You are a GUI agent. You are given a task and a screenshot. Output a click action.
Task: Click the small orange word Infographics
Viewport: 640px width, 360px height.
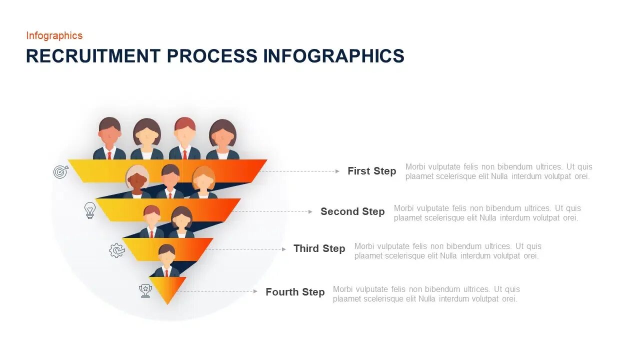(x=54, y=35)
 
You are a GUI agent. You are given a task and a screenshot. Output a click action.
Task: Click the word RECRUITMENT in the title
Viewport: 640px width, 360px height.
(x=93, y=56)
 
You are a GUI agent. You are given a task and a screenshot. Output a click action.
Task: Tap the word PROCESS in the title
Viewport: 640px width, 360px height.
(x=212, y=56)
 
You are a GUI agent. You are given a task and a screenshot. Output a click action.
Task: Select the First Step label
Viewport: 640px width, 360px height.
(x=371, y=171)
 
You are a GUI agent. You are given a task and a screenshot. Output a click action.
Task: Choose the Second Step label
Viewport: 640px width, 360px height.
(x=352, y=211)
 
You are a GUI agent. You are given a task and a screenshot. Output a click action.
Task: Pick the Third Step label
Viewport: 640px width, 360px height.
(x=319, y=248)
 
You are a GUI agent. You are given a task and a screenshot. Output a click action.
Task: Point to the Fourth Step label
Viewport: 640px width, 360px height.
(x=295, y=292)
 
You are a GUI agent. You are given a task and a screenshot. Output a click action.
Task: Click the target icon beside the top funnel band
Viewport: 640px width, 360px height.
(x=60, y=172)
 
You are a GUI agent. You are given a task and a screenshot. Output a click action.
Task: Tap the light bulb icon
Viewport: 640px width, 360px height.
(x=89, y=210)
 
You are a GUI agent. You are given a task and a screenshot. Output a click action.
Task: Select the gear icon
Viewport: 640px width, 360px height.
(x=116, y=250)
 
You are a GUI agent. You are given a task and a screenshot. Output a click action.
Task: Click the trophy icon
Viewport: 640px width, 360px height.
(x=145, y=291)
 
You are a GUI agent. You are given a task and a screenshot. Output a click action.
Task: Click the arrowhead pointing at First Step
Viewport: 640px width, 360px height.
(x=337, y=171)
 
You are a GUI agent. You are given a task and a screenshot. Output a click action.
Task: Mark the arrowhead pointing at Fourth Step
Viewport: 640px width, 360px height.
(x=255, y=291)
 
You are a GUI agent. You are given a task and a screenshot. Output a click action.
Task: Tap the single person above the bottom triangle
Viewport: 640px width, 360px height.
(x=166, y=260)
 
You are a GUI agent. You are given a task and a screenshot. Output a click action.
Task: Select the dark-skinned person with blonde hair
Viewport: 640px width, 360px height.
(x=137, y=181)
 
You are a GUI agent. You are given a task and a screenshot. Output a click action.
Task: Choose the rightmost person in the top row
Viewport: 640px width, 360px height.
(x=222, y=139)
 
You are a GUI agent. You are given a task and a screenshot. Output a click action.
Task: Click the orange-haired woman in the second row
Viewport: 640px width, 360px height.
(x=203, y=181)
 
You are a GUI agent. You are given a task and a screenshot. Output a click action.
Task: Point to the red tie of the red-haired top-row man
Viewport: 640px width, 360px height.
(x=184, y=154)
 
